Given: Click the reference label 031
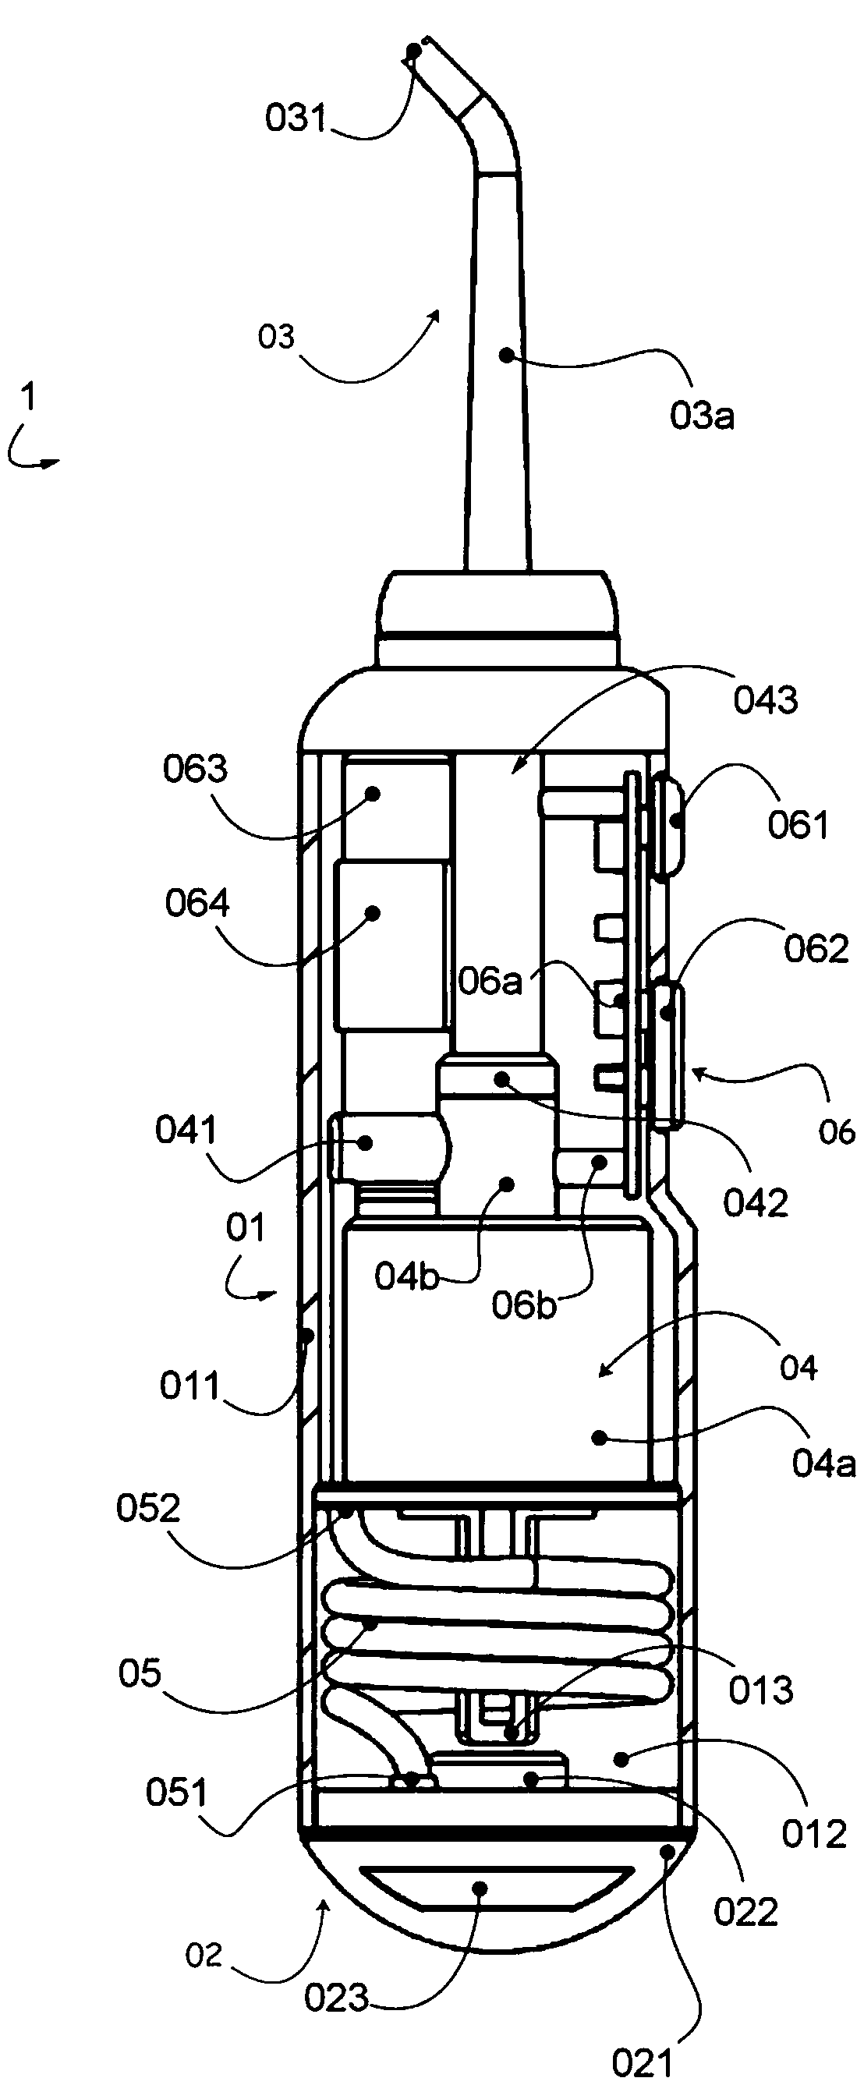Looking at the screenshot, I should point(295,119).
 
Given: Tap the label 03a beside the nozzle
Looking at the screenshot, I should point(701,416).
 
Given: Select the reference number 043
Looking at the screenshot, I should point(765,700).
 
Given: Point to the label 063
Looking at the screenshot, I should point(195,769).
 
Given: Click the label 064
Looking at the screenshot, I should point(197,903).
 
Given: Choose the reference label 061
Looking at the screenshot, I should point(798,826).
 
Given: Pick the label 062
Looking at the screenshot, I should point(816,949).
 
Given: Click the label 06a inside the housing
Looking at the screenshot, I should point(490,982).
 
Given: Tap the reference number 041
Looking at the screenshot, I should point(186,1131).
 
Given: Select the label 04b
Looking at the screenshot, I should point(406,1276).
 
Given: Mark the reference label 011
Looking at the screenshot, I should point(189,1386).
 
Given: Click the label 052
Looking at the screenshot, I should point(147,1509).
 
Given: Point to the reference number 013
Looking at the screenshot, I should point(760,1690).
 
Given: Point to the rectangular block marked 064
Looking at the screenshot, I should point(391,945).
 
